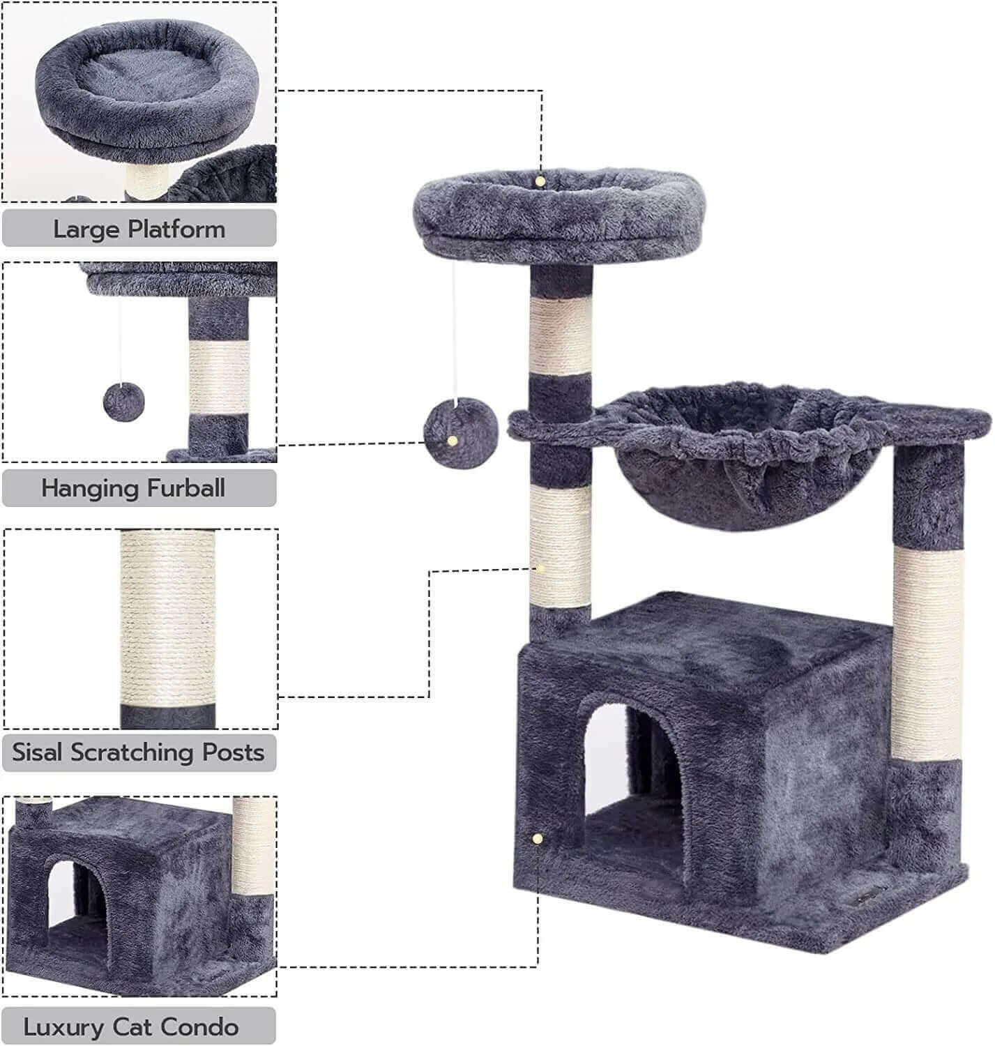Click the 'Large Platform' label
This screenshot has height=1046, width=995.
click(139, 229)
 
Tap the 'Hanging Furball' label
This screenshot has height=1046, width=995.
click(133, 487)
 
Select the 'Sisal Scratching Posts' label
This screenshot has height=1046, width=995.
click(139, 752)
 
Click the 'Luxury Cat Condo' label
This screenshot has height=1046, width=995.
click(131, 1026)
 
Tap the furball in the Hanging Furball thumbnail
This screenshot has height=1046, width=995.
click(122, 402)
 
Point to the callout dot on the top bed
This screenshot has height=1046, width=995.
click(540, 181)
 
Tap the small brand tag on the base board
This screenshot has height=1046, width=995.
click(869, 893)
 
